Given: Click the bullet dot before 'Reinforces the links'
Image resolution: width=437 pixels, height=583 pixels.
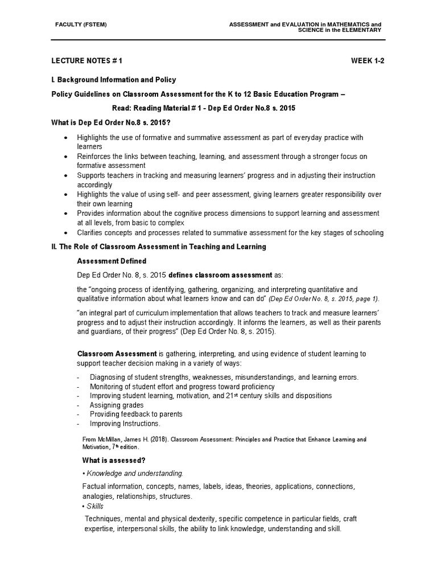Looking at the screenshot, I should point(67,157).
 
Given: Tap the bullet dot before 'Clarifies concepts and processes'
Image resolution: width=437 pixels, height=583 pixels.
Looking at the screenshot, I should point(67,233).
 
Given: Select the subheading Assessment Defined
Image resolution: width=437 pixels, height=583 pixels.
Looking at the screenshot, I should point(112,261).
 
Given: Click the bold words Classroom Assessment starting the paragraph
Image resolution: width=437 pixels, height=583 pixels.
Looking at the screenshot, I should point(117,354).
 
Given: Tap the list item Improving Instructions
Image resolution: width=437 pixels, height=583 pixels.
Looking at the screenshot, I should point(125,424).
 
